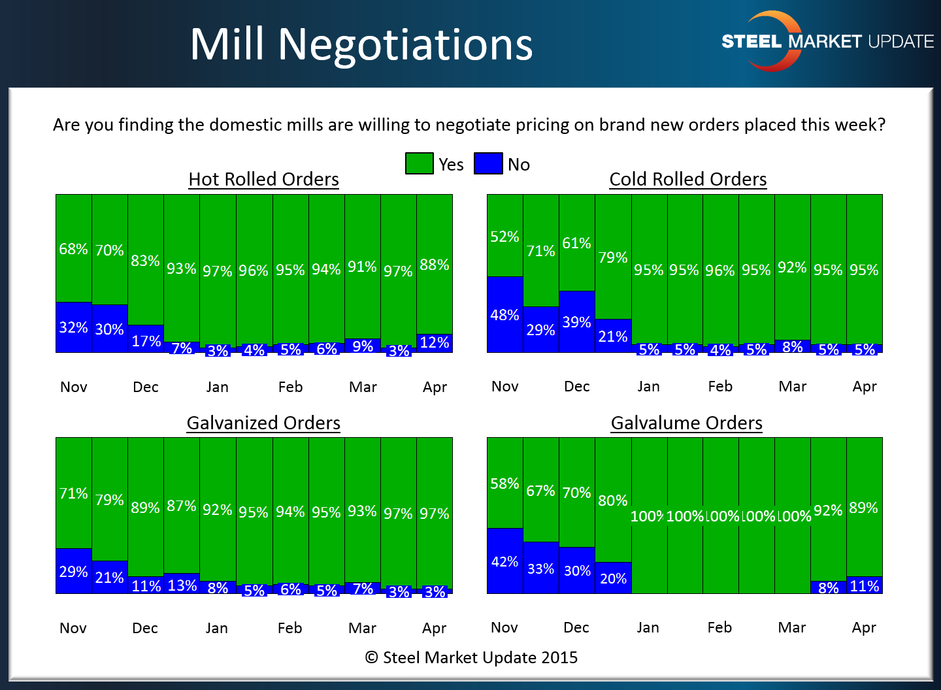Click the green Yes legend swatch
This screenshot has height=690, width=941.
pyautogui.click(x=419, y=163)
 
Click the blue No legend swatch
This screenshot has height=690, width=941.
pyautogui.click(x=488, y=163)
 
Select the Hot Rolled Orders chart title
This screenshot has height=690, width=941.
pyautogui.click(x=263, y=179)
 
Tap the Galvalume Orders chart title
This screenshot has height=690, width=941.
pyautogui.click(x=686, y=423)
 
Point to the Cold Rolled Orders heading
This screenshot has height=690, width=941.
pyautogui.click(x=687, y=179)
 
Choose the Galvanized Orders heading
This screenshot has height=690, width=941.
pyautogui.click(x=263, y=423)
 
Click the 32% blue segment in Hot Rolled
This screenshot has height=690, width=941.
pyautogui.click(x=73, y=327)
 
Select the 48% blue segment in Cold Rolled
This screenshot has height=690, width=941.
pyautogui.click(x=504, y=315)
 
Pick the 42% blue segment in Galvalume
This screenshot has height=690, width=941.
pyautogui.click(x=504, y=561)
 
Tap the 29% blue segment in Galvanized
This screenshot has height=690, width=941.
pyautogui.click(x=73, y=572)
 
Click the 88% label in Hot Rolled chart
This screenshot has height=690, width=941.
pyautogui.click(x=434, y=265)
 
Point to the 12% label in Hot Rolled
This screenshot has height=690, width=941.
pyautogui.click(x=434, y=342)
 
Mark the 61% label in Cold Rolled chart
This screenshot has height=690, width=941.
pyautogui.click(x=576, y=243)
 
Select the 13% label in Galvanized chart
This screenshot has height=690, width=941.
pyautogui.click(x=182, y=585)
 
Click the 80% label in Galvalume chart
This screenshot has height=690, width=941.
pyautogui.click(x=612, y=501)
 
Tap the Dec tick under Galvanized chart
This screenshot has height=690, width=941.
pyautogui.click(x=145, y=628)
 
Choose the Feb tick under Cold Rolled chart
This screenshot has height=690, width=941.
pyautogui.click(x=720, y=386)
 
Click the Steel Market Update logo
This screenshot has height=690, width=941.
pyautogui.click(x=827, y=41)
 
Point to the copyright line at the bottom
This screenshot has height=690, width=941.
pyautogui.click(x=471, y=657)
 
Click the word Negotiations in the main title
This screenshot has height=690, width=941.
pyautogui.click(x=405, y=44)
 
